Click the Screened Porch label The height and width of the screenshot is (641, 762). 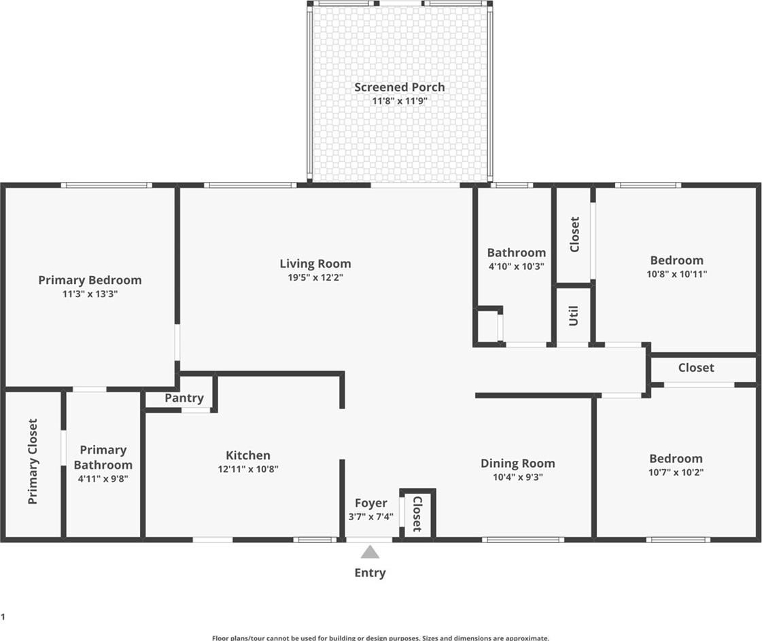click(x=400, y=87)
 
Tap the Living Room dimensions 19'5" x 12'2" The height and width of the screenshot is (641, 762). click(x=315, y=277)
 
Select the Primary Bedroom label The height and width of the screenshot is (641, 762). click(x=90, y=281)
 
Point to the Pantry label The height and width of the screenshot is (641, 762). click(x=184, y=398)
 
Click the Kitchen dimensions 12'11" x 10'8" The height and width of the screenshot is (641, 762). click(x=248, y=469)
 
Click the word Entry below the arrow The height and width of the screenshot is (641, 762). click(x=370, y=573)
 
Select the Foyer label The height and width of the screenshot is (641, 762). click(x=370, y=503)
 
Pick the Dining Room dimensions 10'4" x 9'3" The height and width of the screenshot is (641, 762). click(x=518, y=477)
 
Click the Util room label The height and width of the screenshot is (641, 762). click(x=574, y=316)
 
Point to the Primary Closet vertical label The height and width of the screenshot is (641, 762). click(x=33, y=461)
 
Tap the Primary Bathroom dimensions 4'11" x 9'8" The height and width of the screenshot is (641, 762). click(x=103, y=479)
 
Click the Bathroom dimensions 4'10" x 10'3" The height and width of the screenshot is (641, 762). click(x=517, y=266)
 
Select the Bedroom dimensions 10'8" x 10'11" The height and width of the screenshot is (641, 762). click(x=677, y=274)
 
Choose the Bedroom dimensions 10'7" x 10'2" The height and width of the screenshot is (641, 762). click(x=676, y=472)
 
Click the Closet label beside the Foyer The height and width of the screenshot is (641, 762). click(x=417, y=514)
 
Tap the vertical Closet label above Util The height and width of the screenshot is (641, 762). click(x=574, y=235)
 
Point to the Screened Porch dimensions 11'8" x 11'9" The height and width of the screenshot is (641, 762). click(x=400, y=101)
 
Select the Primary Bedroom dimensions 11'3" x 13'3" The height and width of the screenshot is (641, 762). click(x=90, y=294)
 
